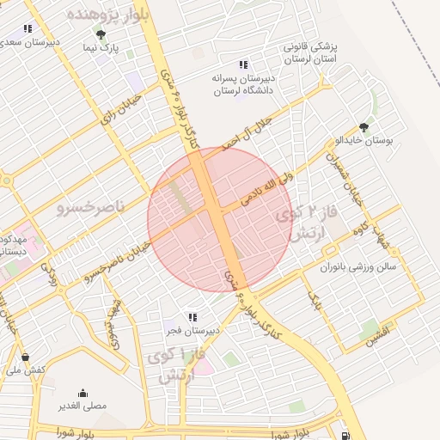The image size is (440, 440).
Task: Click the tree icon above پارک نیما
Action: (101, 35)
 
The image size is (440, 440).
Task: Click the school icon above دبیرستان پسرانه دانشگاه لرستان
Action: (243, 64)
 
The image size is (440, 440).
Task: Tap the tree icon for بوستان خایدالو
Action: (364, 127)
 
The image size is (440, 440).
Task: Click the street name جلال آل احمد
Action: (244, 130)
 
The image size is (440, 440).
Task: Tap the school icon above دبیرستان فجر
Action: (193, 316)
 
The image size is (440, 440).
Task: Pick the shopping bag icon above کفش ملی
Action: (24, 356)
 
